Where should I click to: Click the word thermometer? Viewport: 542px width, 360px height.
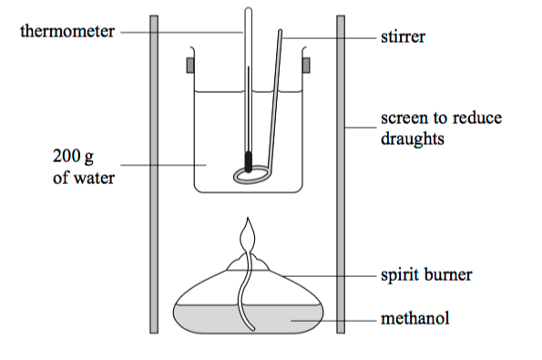point(67,31)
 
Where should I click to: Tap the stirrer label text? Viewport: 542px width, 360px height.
point(403,36)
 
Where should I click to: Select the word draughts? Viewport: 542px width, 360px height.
point(413,139)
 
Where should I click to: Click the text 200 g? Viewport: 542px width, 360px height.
point(73,157)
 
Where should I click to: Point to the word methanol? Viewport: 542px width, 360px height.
point(415,318)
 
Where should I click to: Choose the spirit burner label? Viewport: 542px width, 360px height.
point(426,275)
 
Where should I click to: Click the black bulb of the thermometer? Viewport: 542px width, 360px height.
point(248,161)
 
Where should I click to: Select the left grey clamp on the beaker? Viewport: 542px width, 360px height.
point(190,66)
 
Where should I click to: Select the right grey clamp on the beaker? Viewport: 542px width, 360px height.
point(306,66)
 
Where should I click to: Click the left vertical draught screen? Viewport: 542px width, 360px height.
point(154,174)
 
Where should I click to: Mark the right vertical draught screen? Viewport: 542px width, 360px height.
point(341,174)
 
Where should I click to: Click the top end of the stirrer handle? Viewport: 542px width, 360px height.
point(280,32)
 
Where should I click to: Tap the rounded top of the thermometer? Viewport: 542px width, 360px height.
point(248,9)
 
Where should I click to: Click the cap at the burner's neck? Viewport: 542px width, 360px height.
point(248,262)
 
